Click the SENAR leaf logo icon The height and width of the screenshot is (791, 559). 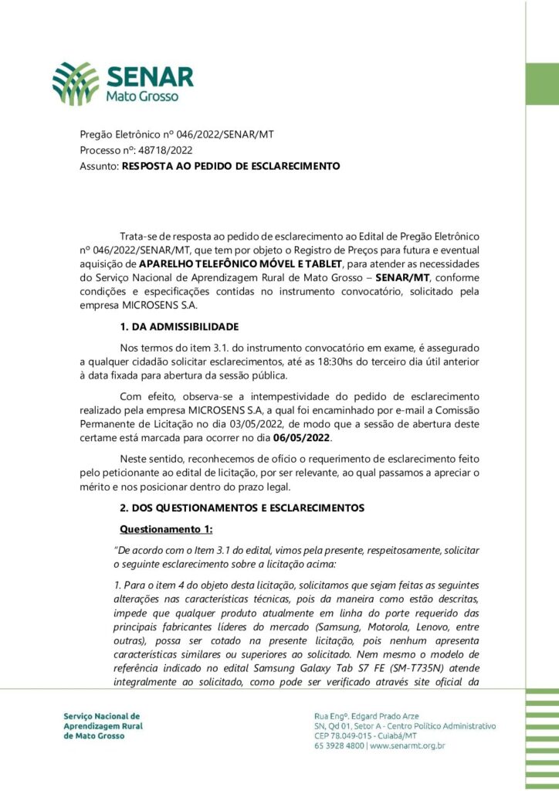click(76, 83)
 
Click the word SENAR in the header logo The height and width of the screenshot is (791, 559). click(151, 77)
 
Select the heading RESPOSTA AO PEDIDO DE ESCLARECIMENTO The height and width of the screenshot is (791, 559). click(231, 165)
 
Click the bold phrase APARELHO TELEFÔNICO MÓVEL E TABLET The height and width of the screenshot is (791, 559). click(245, 264)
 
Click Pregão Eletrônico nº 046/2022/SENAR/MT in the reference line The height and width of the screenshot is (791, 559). click(177, 134)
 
